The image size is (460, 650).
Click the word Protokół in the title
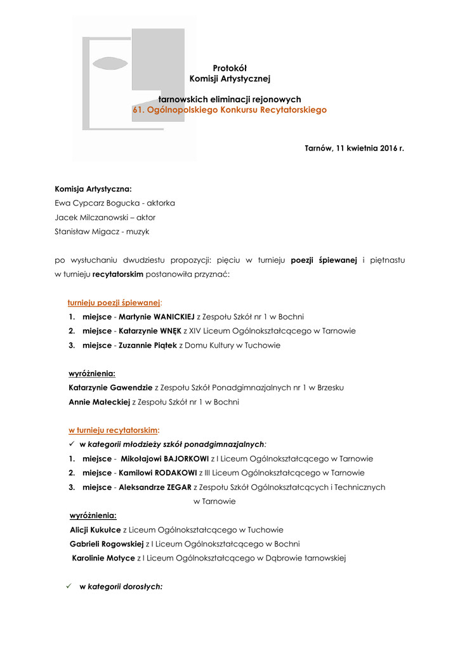(x=230, y=68)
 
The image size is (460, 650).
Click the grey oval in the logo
(x=110, y=63)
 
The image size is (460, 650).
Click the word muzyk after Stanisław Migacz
(x=138, y=232)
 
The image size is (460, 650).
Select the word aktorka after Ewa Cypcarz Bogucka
(x=161, y=203)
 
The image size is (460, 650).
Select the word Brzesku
(x=330, y=387)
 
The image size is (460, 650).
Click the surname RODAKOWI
(x=175, y=473)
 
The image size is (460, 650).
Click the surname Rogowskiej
(x=122, y=544)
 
